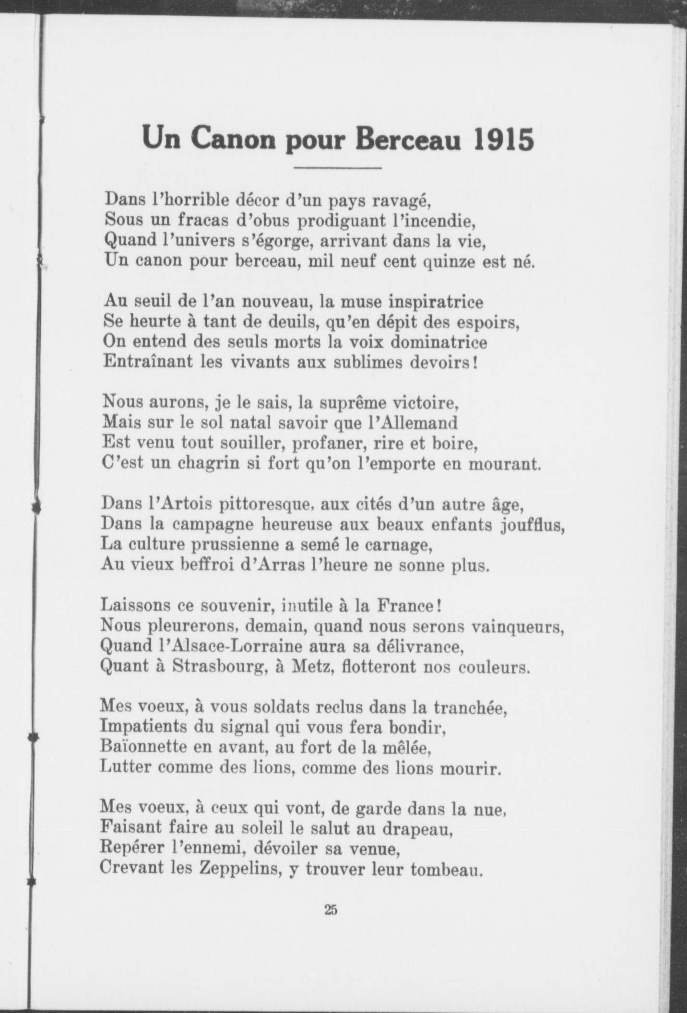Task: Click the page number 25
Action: [331, 909]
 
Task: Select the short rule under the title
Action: [337, 168]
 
